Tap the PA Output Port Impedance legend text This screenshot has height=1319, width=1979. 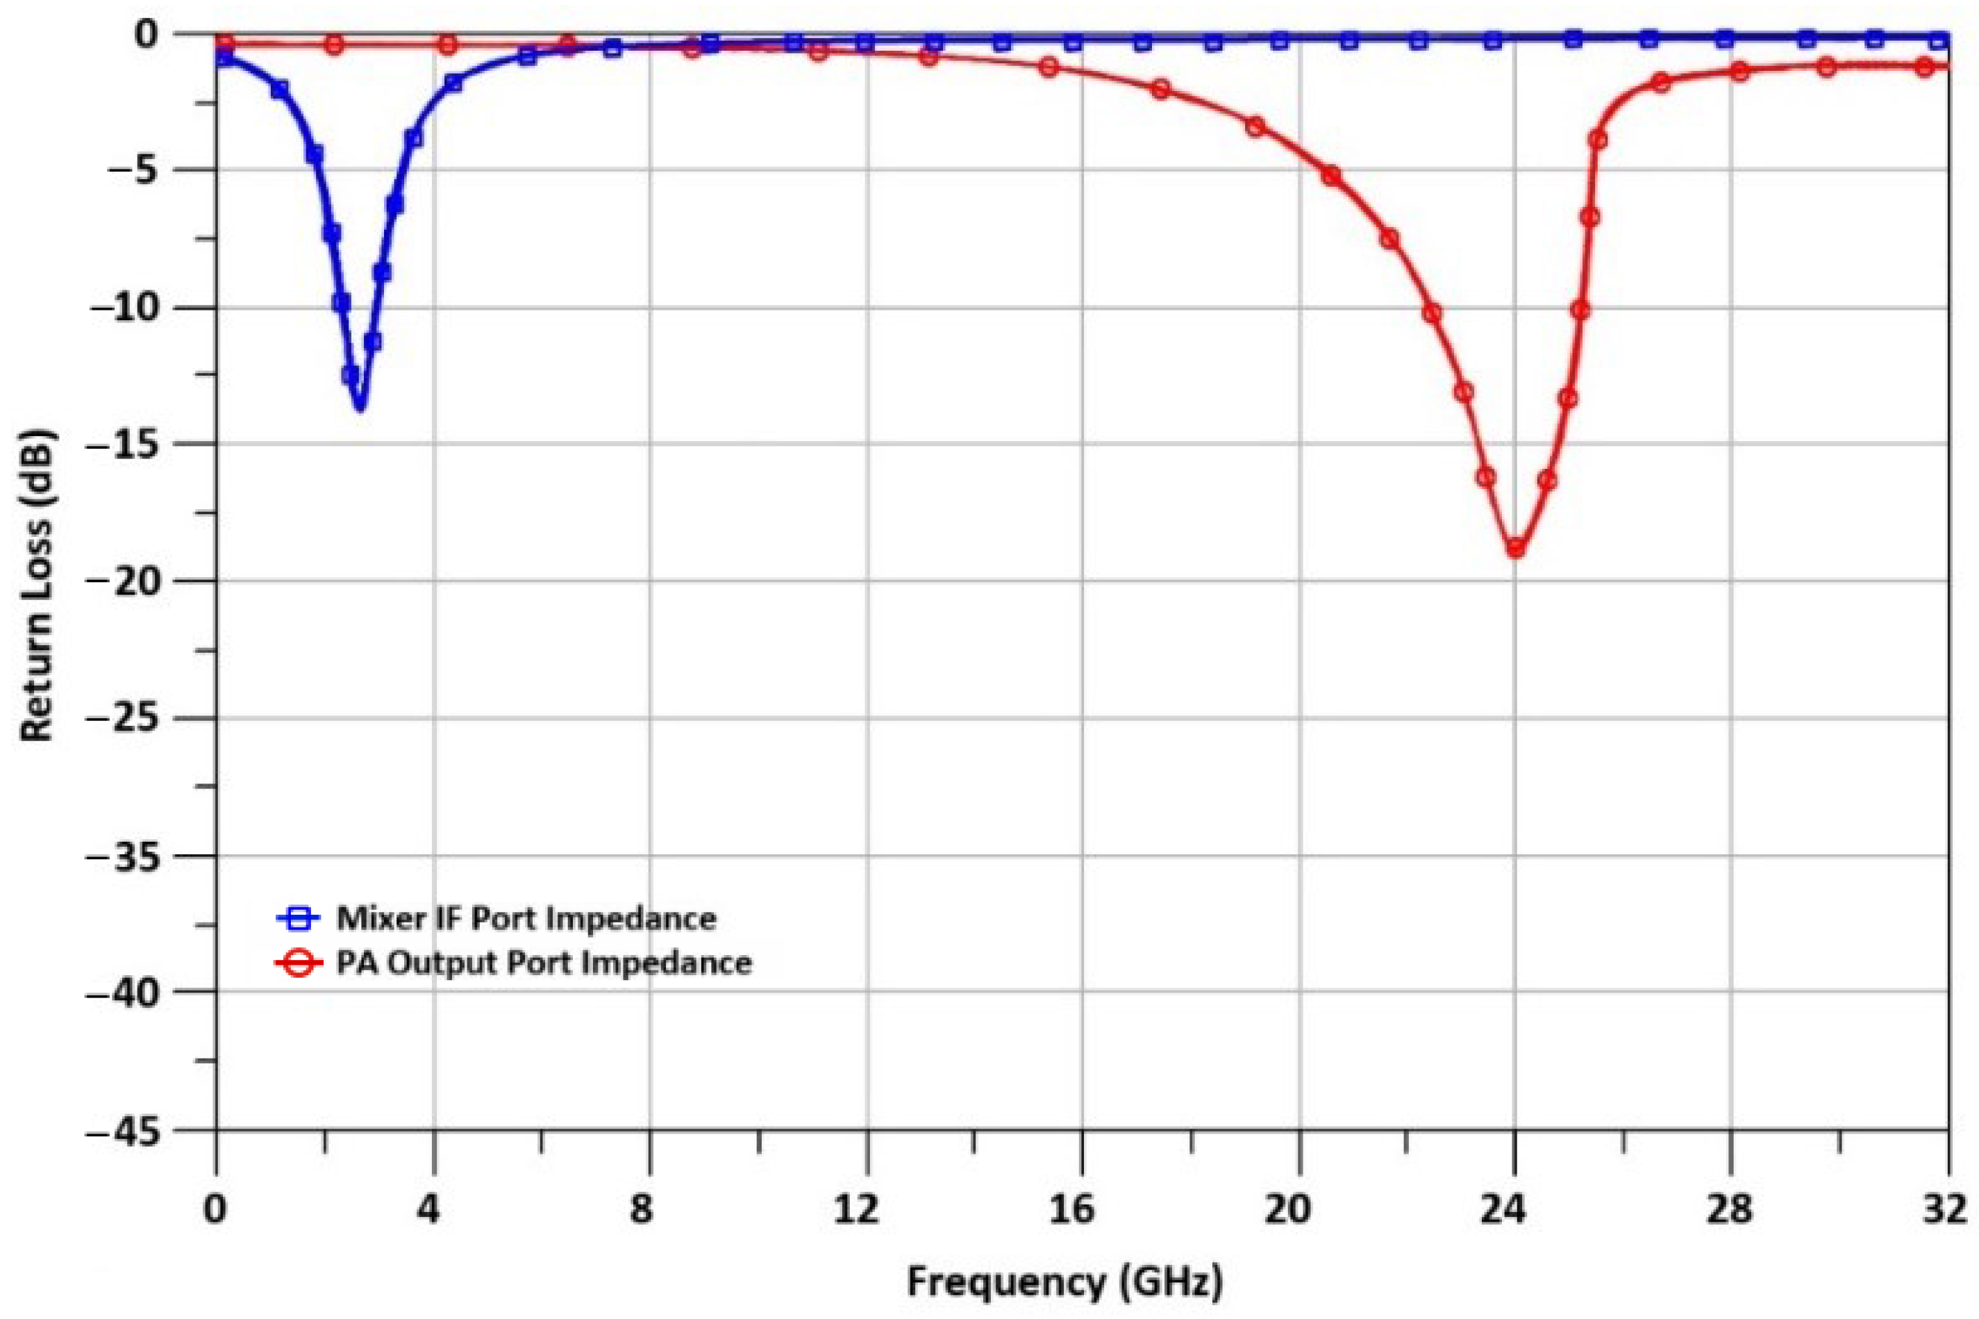pos(543,962)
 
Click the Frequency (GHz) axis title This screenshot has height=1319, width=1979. pos(1064,1283)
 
